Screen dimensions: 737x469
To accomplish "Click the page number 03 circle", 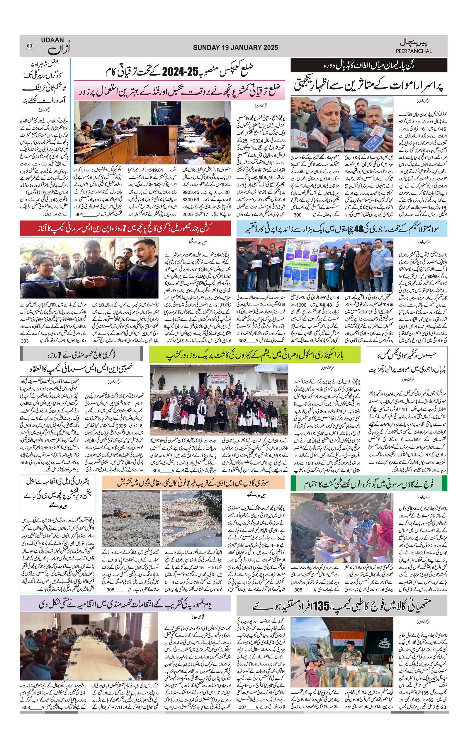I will pyautogui.click(x=29, y=46).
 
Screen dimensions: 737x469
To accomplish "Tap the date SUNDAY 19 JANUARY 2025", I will pyautogui.click(x=235, y=47).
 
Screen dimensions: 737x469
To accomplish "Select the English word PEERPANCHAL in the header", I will pyautogui.click(x=414, y=51).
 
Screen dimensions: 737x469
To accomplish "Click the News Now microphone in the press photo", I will pyautogui.click(x=302, y=140).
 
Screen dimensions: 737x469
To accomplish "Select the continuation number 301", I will pyautogui.click(x=79, y=215).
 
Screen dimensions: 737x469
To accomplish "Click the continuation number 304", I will pyautogui.click(x=156, y=471).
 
